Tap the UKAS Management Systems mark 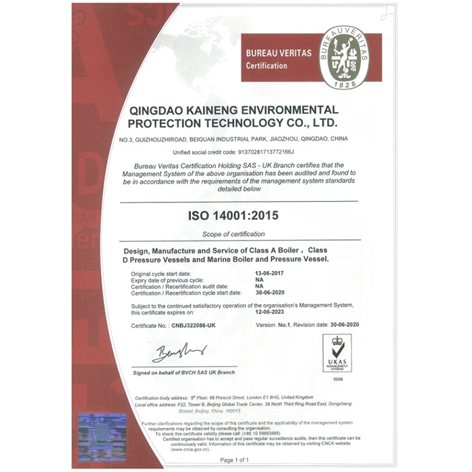337,353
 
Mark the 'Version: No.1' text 274,325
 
